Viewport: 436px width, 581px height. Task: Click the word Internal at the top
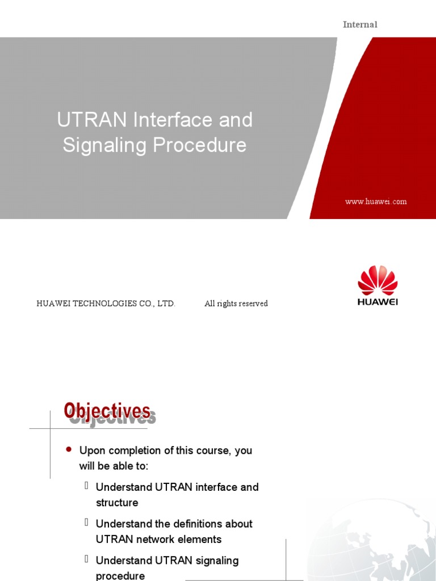[360, 24]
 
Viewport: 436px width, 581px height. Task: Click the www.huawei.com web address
[376, 201]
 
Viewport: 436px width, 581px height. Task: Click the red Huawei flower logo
[378, 280]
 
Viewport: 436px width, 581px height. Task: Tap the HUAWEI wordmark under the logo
[378, 302]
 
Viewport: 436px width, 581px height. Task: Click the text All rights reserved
[236, 304]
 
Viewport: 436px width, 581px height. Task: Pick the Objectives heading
[107, 411]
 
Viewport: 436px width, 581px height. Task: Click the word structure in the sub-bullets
[117, 503]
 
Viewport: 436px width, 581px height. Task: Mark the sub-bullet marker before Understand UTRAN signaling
[87, 559]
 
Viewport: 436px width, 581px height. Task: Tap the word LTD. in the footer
[167, 304]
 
